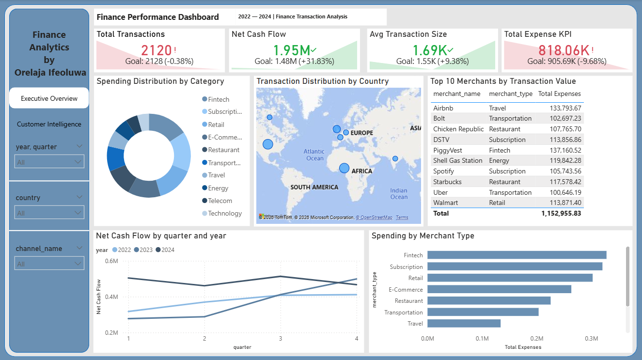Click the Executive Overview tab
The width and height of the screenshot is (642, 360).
point(49,98)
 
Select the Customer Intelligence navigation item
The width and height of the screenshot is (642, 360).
point(49,124)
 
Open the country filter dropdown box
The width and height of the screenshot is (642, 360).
point(49,213)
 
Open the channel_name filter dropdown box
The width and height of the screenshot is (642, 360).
point(49,264)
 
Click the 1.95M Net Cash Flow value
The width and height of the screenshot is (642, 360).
point(292,50)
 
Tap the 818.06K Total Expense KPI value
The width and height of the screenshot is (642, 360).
point(564,50)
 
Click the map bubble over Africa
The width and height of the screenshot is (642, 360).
point(344,168)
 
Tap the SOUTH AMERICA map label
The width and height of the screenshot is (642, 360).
point(314,187)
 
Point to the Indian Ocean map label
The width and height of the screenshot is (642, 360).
point(399,194)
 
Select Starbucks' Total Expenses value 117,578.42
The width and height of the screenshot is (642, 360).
point(565,182)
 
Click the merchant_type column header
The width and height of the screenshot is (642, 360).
point(510,94)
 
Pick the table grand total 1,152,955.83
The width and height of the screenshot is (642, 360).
point(561,213)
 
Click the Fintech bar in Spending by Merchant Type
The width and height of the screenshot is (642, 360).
point(517,255)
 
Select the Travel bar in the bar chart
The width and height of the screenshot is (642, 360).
point(464,323)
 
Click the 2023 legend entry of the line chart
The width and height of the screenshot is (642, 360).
point(143,250)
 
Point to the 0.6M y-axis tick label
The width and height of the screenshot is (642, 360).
point(111,261)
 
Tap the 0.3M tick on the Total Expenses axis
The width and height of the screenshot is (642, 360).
point(591,339)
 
